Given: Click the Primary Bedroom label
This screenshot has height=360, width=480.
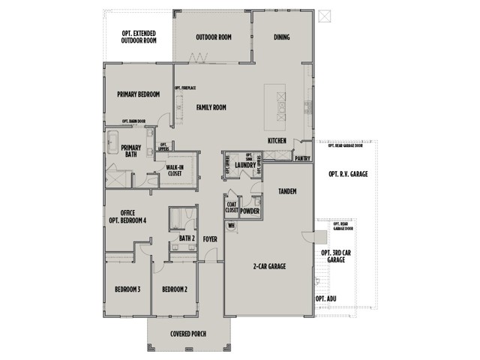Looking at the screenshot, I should (139, 94).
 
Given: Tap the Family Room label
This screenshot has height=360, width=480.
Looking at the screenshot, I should (211, 107).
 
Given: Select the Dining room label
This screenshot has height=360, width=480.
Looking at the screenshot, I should (282, 37).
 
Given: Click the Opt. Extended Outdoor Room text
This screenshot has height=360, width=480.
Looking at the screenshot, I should (140, 37).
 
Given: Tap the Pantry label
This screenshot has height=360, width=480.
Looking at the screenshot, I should (303, 158).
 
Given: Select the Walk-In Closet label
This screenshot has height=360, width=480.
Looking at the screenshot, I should (175, 170).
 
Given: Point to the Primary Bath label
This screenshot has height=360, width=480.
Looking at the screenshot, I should (130, 151).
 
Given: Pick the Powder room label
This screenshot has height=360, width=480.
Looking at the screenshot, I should (250, 211).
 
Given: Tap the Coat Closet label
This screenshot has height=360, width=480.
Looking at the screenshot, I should (232, 207).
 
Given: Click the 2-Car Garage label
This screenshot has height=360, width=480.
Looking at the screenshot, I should (268, 266).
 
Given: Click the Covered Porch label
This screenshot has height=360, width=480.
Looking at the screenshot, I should (188, 334).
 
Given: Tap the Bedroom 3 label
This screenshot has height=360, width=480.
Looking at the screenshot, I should (127, 289).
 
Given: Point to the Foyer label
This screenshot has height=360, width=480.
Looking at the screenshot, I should (209, 239).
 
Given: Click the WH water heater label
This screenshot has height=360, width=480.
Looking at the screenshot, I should (231, 224).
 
